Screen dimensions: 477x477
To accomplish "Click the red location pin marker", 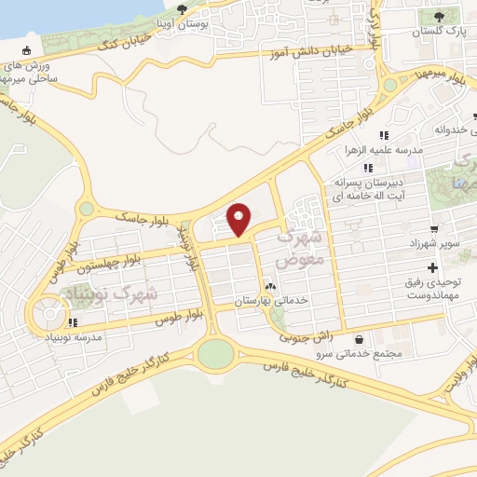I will click(x=239, y=218).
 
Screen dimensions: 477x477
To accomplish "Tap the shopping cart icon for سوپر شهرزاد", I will click(x=433, y=229).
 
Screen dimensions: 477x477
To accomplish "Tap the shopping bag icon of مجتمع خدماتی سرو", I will click(x=361, y=339).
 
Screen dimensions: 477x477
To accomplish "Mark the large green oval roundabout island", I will click(x=216, y=353).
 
